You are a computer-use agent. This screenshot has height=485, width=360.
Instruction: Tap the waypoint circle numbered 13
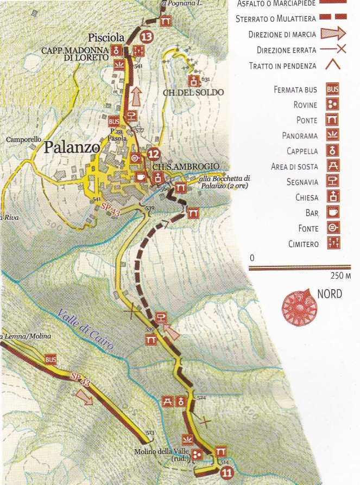tap(146, 37)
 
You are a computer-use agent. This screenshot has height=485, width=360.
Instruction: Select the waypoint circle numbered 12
tap(153, 154)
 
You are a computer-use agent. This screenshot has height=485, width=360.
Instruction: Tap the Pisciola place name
tap(106, 38)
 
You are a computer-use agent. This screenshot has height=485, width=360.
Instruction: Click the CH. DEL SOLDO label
tap(193, 92)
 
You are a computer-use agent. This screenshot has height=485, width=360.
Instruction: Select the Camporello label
tap(24, 139)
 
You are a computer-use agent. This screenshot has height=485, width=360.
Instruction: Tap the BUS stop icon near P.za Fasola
tap(114, 121)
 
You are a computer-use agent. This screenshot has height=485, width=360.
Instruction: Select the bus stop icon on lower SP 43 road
tap(51, 360)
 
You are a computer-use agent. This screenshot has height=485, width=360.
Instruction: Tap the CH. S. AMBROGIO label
tap(178, 166)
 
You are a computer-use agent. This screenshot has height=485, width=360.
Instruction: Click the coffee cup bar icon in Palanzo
tap(140, 177)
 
